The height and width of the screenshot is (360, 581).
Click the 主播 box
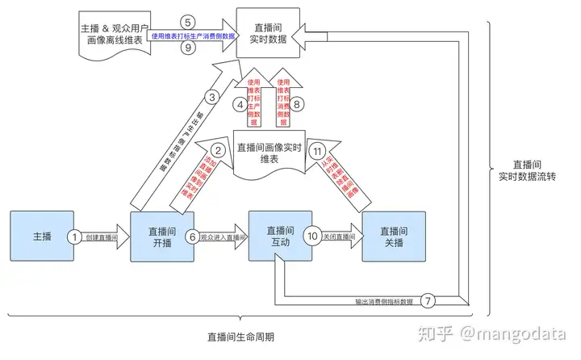[x=43, y=237]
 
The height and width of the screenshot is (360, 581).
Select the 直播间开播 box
[x=162, y=237]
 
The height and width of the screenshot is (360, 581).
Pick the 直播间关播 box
[x=394, y=237]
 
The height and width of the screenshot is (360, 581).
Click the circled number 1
[x=74, y=237]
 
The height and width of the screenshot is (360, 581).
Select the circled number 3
[x=213, y=98]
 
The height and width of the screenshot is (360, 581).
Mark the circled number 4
[x=240, y=103]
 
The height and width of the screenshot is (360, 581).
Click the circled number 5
[x=187, y=22]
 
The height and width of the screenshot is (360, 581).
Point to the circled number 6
[x=191, y=237]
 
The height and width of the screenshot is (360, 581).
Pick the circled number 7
[x=428, y=299]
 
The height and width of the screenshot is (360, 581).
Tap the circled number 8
[x=298, y=103]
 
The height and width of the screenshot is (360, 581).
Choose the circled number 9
[x=187, y=48]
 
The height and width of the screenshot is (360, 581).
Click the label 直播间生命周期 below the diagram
[x=240, y=337]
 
